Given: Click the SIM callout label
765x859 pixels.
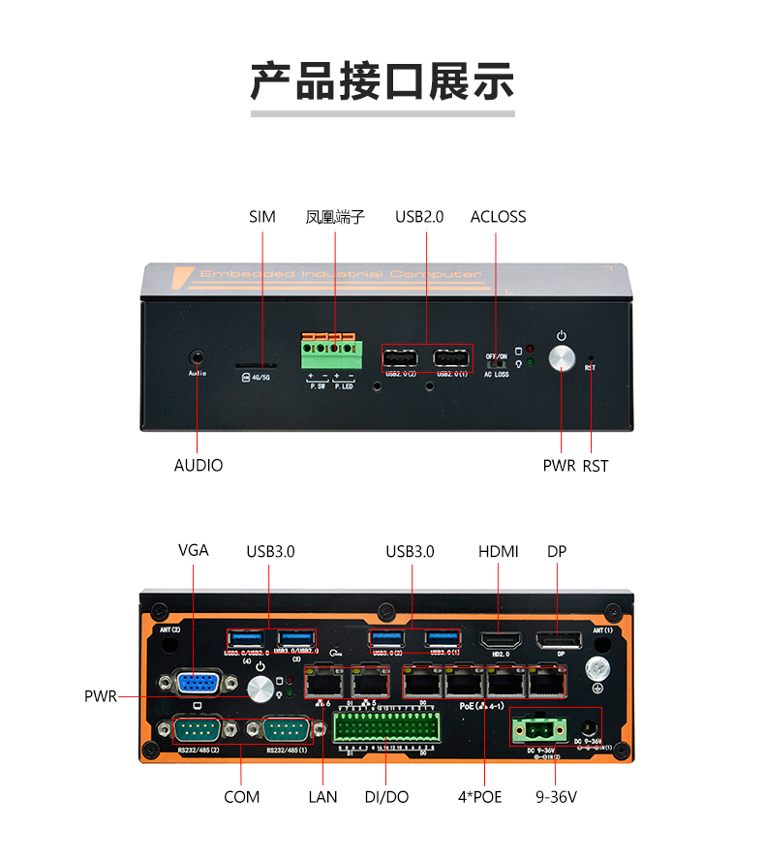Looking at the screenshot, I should click(x=261, y=217).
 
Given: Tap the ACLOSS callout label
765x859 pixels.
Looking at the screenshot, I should click(x=498, y=217).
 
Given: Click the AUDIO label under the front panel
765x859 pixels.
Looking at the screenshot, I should click(x=199, y=466).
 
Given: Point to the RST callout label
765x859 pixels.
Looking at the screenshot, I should click(x=596, y=466).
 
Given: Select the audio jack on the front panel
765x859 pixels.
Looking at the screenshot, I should click(x=199, y=356).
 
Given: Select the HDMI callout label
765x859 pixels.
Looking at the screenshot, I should click(x=498, y=552).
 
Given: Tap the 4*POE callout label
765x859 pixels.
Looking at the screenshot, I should click(x=480, y=797).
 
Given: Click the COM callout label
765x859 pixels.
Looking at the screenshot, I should click(x=241, y=797).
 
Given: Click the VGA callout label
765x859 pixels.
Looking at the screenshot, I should click(x=194, y=550).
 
